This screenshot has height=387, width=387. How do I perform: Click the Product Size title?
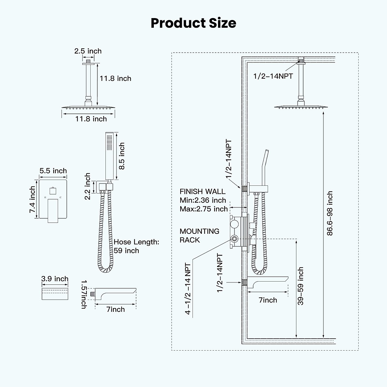pos(193,23)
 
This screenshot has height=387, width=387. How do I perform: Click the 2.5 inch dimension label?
pos(88,51)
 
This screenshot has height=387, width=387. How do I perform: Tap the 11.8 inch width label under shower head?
pos(91,119)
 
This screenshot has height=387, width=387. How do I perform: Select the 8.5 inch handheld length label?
pos(122,156)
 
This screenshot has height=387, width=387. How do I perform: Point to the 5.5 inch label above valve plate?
pos(53,171)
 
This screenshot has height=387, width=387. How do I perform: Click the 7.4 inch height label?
pos(33,199)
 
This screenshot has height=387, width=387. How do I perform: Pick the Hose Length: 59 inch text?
pos(136,246)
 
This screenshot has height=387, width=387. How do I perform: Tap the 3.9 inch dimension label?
pos(55,279)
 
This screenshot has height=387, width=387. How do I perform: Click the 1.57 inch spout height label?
pos(84,294)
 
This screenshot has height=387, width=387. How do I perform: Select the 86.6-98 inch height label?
pos(329,213)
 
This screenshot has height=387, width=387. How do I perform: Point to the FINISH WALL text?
pos(203,192)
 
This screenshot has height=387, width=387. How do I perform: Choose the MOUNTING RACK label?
pos(199,235)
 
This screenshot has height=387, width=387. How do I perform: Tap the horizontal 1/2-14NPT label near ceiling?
pos(273,76)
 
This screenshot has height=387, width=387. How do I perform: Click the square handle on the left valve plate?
pos(53,210)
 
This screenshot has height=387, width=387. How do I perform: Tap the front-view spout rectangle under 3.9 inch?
pos(55,293)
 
